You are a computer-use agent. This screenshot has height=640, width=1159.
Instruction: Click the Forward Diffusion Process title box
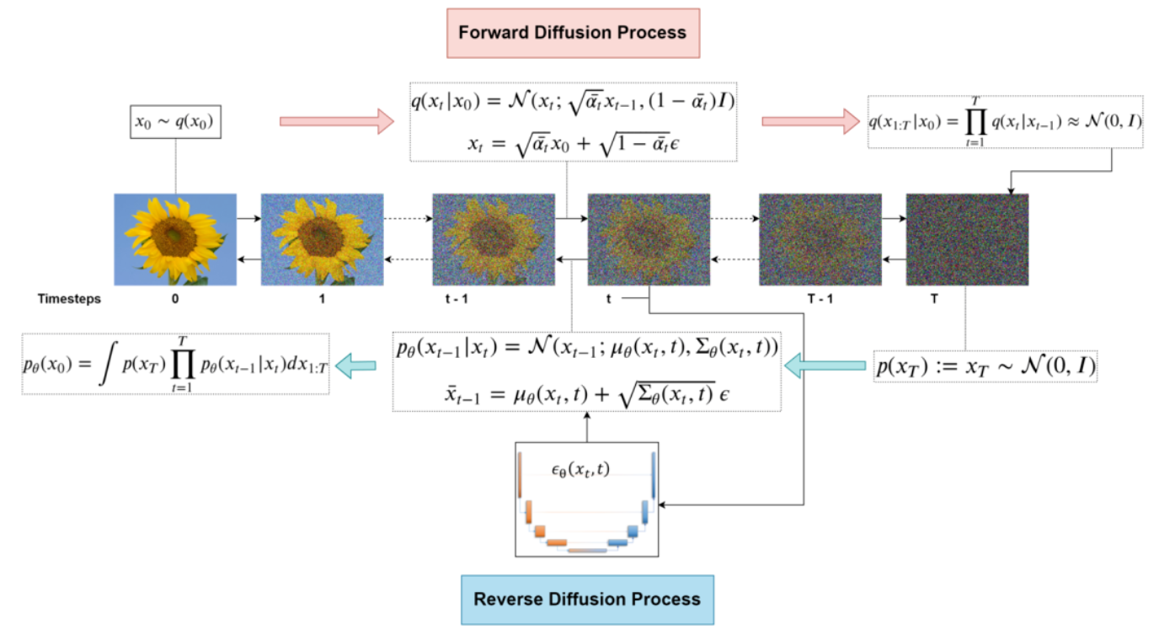[x=572, y=33]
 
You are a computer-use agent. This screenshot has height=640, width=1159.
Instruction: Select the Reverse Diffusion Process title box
[x=587, y=600]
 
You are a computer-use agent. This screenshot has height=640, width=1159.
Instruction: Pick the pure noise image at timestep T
[x=967, y=239]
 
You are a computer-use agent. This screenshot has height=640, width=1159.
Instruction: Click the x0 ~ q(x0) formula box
[x=174, y=122]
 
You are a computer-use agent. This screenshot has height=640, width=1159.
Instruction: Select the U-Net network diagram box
[x=587, y=499]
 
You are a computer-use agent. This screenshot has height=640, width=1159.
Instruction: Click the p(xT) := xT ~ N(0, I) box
[x=985, y=365]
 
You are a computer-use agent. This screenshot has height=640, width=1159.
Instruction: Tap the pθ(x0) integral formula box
[x=176, y=365]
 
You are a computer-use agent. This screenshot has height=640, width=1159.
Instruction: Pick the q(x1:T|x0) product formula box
[x=1006, y=123]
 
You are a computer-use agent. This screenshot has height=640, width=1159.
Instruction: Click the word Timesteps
[x=69, y=299]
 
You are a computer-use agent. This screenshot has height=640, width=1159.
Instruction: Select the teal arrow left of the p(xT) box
[x=825, y=365]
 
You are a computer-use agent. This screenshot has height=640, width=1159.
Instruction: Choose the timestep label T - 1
[x=820, y=299]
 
